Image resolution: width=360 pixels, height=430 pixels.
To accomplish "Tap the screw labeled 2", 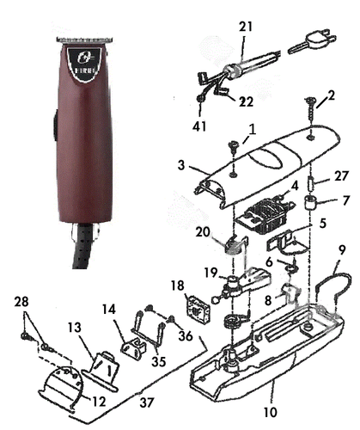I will [308, 114].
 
